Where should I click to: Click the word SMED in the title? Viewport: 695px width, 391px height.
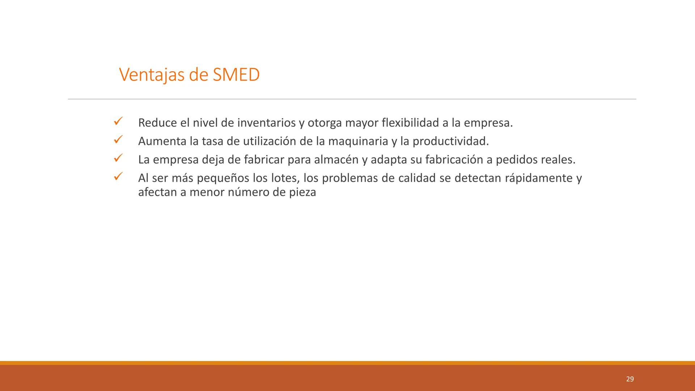pos(236,75)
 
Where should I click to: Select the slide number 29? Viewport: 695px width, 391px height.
pos(630,379)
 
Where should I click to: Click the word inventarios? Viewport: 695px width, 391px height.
pos(266,123)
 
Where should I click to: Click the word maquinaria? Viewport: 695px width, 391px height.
pos(358,141)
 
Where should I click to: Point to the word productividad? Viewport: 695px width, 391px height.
pos(450,141)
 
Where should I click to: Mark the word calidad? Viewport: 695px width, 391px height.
pos(416,178)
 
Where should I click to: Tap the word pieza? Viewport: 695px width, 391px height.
pos(302,192)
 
